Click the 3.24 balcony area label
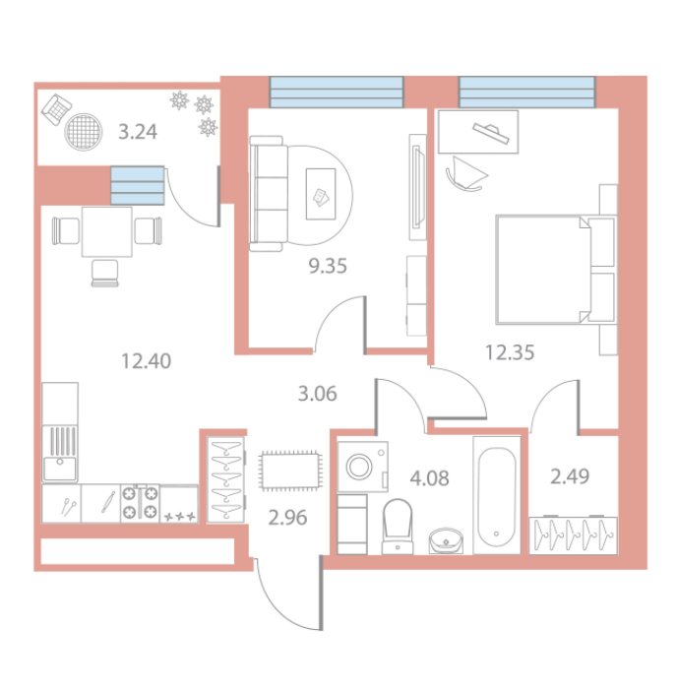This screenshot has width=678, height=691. click(x=138, y=132)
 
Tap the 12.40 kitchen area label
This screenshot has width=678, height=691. click(x=146, y=361)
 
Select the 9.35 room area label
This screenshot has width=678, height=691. click(x=328, y=266)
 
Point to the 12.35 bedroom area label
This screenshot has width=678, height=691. click(x=510, y=352)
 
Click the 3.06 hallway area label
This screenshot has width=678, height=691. click(x=317, y=394)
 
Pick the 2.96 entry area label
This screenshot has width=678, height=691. click(x=287, y=518)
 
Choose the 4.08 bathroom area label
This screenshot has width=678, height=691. click(x=430, y=478)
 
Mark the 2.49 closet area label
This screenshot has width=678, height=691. click(x=570, y=476)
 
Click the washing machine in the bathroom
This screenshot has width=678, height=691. click(x=362, y=467)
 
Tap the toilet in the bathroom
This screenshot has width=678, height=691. click(x=398, y=527)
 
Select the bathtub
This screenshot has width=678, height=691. click(x=497, y=495)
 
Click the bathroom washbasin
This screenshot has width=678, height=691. click(x=446, y=540)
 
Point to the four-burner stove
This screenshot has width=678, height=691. click(x=140, y=504)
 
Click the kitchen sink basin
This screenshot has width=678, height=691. click(x=59, y=469)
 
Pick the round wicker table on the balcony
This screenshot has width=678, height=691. click(x=84, y=132)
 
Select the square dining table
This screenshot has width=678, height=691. click(x=107, y=231)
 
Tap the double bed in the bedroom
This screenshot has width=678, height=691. click(x=556, y=270)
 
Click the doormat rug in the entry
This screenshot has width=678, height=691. click(x=290, y=471)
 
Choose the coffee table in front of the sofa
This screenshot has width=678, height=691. click(x=321, y=194)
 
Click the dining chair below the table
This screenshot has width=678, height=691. click(x=105, y=274)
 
